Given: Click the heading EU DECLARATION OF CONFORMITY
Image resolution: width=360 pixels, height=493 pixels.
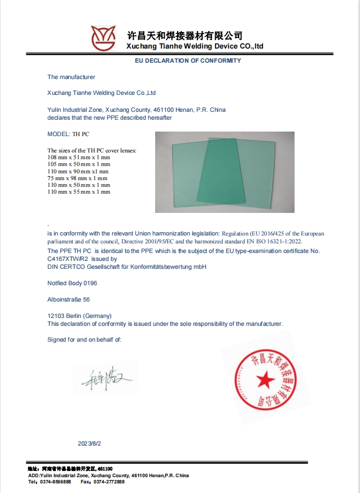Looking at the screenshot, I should point(188,60).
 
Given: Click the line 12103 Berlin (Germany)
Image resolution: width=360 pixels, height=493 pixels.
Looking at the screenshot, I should point(80,316).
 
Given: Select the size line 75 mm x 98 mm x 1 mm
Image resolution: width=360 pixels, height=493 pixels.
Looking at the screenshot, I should point(77,178).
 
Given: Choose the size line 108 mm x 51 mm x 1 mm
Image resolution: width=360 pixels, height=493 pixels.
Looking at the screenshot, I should point(79,157).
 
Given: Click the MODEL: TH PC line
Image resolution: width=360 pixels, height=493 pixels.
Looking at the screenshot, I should point(68,135).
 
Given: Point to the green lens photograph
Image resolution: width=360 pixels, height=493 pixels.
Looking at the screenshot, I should point(225,172).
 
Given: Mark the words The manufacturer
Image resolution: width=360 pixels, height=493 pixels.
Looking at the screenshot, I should point(72,77).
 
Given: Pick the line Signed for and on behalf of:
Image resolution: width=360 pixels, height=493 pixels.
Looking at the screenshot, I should point(85,339).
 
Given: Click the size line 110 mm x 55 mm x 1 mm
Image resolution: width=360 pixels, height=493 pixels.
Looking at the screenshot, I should point(79,192).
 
